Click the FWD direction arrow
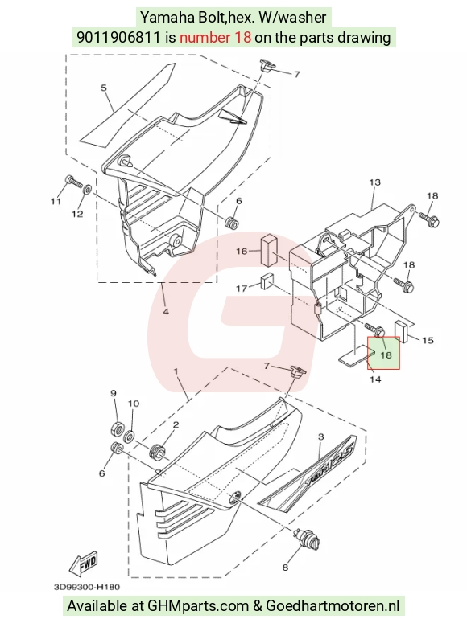point(84,564)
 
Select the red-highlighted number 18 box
point(383,353)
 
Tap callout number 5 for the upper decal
point(104,88)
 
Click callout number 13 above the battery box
point(375,182)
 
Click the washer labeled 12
point(87,190)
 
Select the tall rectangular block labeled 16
point(270,250)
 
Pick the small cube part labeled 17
point(267,282)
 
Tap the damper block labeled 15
point(402,331)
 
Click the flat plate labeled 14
point(357,354)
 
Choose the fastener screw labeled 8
point(308,539)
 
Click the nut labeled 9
point(117,428)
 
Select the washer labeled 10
point(130,437)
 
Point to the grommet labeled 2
point(156,450)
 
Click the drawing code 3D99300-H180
point(87,587)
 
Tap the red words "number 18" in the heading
point(216,37)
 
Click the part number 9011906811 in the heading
point(119,37)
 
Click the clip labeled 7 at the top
point(265,66)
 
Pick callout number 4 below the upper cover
point(166,312)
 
